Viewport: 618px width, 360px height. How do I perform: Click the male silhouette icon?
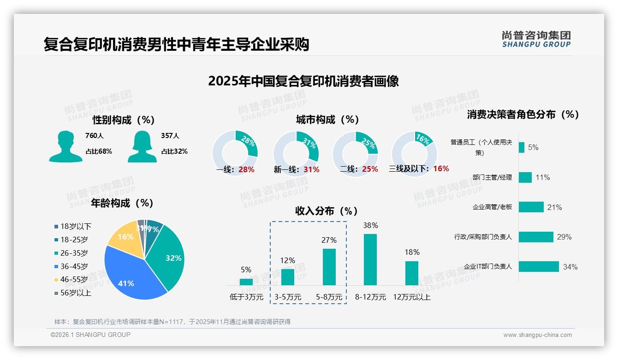65,147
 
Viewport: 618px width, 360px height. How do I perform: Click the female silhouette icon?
142,147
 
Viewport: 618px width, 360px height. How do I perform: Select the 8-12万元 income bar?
370,259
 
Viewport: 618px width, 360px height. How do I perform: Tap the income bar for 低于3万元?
246,282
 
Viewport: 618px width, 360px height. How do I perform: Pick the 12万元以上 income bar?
411,273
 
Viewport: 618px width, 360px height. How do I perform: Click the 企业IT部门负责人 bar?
539,267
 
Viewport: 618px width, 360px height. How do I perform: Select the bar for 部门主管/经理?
525,177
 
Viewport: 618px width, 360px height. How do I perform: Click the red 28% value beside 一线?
246,169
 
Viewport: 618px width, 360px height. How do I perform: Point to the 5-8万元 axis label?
329,297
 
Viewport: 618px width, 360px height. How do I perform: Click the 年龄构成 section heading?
122,203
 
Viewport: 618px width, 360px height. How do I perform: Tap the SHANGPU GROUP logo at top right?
536,39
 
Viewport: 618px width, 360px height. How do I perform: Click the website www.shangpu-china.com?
537,335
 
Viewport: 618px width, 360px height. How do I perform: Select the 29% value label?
564,237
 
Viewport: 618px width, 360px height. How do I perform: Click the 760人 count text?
95,136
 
